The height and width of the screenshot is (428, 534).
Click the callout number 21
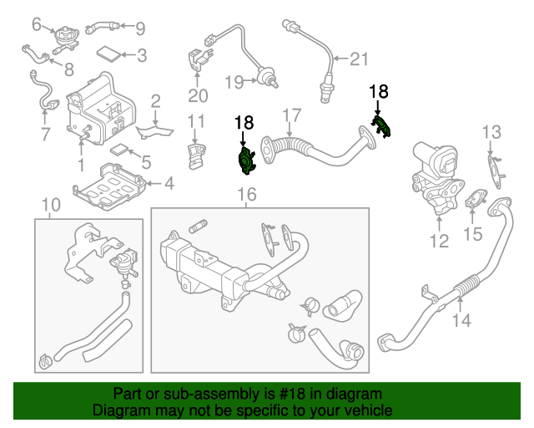358,59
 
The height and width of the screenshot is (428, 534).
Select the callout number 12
439,242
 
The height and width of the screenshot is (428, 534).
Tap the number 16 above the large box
247,195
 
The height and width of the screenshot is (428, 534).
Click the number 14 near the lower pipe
461,319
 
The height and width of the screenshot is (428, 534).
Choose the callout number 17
290,115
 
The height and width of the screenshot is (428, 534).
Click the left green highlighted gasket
246,160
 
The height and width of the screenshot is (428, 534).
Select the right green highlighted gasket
381,127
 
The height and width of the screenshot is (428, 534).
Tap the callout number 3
141,56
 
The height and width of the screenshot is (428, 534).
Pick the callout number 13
491,131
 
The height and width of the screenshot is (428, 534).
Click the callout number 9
139,28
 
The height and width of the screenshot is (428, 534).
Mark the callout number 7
45,134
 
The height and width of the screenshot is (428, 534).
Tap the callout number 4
168,183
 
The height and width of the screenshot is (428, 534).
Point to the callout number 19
234,82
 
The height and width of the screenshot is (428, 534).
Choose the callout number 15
473,234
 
